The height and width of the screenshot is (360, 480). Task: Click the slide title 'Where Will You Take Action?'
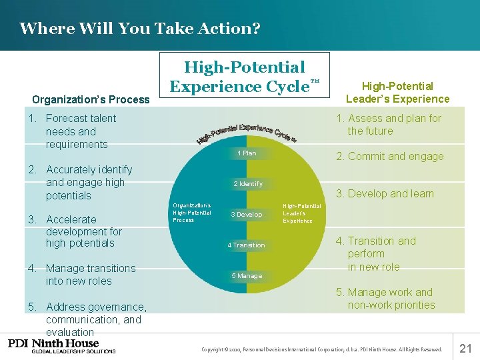point(139,29)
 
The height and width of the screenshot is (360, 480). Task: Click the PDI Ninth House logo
point(62,346)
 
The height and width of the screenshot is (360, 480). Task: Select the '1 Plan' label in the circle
point(247,153)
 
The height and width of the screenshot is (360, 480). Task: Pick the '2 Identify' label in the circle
point(247,184)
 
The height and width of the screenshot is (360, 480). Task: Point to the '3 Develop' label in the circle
point(246,215)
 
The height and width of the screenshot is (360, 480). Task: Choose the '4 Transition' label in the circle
point(246,245)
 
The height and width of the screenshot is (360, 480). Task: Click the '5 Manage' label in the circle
point(246,276)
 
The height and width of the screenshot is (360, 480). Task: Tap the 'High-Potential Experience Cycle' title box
point(244,77)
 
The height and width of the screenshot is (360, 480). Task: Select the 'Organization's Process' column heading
point(91,99)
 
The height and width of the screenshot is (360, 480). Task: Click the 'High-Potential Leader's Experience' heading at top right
point(397,92)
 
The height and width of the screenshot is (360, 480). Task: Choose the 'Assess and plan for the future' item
point(389,125)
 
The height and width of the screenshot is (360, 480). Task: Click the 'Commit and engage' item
point(389,157)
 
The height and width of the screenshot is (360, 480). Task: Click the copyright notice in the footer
point(321,349)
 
